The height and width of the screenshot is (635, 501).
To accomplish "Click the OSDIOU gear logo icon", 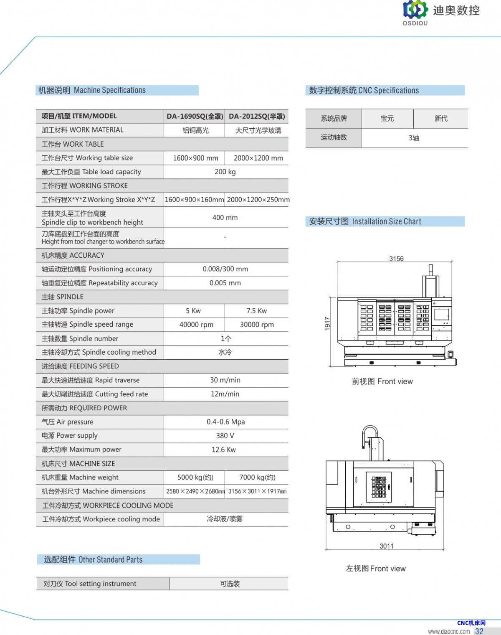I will click(x=415, y=10).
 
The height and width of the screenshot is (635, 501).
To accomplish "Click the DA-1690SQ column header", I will click(x=195, y=116).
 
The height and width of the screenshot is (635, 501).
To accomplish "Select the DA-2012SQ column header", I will click(x=257, y=116).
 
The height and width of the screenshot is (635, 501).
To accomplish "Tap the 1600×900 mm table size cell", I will click(x=195, y=158).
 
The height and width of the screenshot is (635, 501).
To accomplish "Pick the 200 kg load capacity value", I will click(x=225, y=172).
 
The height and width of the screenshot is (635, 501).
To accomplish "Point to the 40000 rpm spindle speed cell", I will click(x=196, y=325).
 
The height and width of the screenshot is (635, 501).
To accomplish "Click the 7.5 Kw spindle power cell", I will click(x=256, y=311).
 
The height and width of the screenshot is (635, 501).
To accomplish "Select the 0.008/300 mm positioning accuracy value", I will click(x=225, y=269).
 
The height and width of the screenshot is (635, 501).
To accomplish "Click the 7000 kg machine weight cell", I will click(x=257, y=478).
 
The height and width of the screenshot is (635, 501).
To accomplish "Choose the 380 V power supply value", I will click(x=225, y=436).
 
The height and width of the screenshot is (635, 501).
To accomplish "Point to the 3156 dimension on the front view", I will click(x=396, y=259).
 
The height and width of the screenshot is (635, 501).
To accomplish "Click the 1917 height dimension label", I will click(x=327, y=323).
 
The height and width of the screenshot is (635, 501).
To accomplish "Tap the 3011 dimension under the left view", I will click(x=386, y=546).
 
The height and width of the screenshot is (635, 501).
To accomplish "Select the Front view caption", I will click(x=382, y=381).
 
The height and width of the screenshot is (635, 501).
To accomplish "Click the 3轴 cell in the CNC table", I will click(x=414, y=138).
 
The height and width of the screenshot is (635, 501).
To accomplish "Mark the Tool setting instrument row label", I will click(x=90, y=584).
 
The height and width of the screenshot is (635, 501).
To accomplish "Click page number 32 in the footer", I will click(x=479, y=631).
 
